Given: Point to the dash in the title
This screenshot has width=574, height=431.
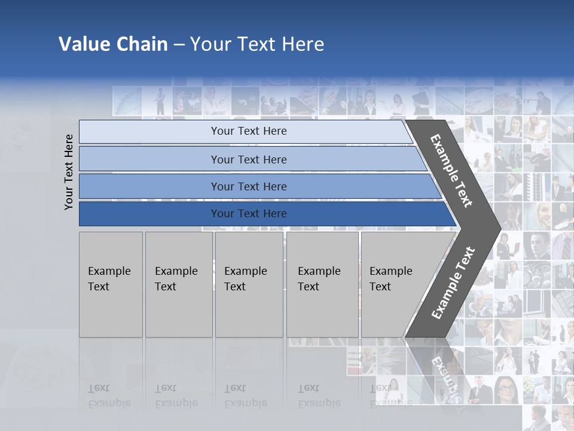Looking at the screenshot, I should (x=179, y=45).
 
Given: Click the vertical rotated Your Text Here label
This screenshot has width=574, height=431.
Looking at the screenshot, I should (x=69, y=172).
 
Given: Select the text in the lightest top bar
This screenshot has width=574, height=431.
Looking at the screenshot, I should (x=249, y=131).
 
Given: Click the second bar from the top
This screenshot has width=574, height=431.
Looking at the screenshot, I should (x=249, y=159).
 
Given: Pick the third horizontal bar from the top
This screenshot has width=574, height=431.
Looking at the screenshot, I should (x=249, y=186).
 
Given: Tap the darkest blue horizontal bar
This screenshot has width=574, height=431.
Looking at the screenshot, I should (x=249, y=214).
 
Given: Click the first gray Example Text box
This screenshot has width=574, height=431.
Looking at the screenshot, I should (x=111, y=284).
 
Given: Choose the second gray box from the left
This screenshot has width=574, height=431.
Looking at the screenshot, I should (x=179, y=284).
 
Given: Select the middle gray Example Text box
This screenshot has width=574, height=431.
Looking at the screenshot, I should (x=249, y=284).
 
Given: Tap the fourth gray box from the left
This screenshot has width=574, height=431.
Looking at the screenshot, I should (x=322, y=284).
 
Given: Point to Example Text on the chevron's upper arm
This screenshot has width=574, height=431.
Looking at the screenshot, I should (x=451, y=171).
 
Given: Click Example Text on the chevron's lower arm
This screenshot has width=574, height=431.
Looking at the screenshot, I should (x=453, y=283).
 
